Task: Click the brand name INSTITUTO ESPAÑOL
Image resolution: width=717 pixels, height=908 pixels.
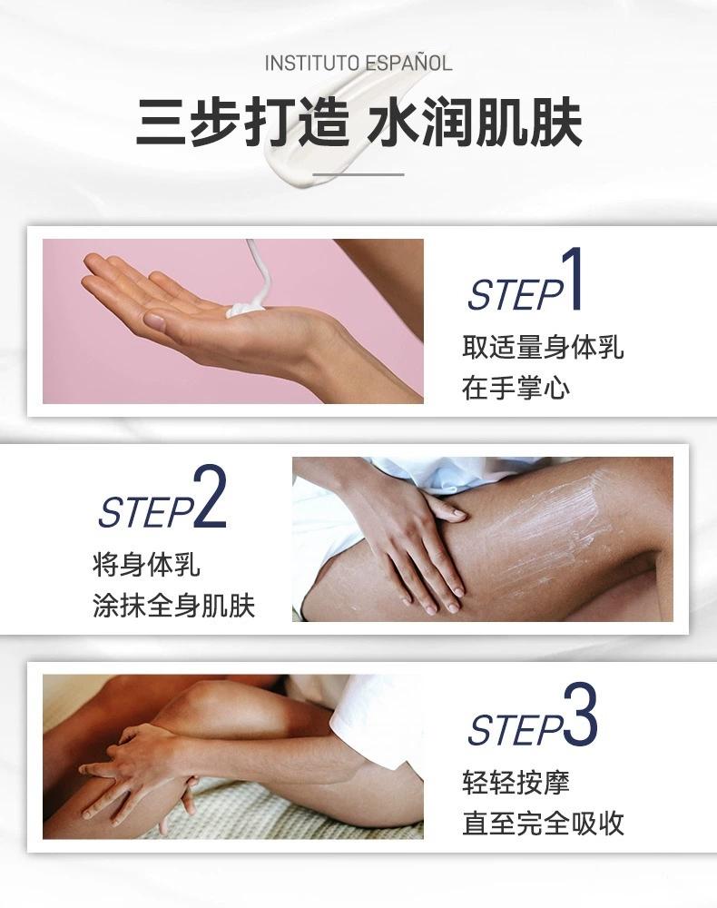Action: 358,64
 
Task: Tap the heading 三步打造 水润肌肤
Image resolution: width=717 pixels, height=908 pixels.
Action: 358,123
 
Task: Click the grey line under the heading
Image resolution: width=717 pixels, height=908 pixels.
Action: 358,173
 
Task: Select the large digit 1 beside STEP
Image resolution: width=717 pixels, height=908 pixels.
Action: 573,279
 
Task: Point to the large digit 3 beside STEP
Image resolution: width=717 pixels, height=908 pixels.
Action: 581,714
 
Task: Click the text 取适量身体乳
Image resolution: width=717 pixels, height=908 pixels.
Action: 543,348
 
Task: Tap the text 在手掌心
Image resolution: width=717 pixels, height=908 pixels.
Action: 516,388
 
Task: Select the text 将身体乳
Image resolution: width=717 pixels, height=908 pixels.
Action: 146,565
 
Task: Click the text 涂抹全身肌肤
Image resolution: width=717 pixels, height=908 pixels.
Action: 173,606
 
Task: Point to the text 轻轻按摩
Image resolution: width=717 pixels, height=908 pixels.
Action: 516,783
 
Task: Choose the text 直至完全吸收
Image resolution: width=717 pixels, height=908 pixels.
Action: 543,823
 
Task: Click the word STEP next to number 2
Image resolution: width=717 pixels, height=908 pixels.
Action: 146,511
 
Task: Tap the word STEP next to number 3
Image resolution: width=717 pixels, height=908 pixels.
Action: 516,730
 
